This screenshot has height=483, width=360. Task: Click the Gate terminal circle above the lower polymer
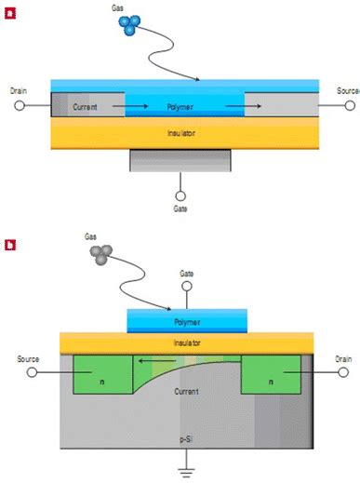[188, 288]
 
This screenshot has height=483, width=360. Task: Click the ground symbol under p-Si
[188, 471]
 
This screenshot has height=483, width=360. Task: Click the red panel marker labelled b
[9, 246]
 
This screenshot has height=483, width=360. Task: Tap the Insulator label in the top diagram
[181, 133]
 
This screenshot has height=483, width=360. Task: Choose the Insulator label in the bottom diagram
[188, 342]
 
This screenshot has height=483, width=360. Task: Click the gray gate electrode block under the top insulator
[180, 160]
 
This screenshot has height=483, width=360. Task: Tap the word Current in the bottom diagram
[188, 392]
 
